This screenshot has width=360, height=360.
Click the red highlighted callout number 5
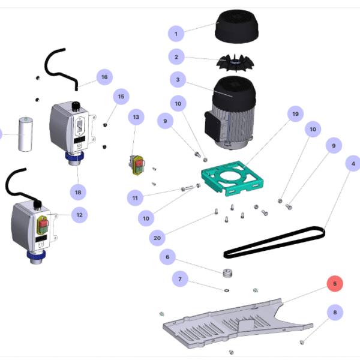click(x=335, y=284)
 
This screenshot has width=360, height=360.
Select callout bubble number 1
click(x=176, y=34)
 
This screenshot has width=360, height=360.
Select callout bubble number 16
click(x=104, y=77)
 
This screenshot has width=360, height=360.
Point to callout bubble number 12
click(x=79, y=214)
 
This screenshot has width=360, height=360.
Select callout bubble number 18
click(x=78, y=192)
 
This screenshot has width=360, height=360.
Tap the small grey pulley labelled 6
click(x=227, y=274)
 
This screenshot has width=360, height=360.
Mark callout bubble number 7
click(x=179, y=279)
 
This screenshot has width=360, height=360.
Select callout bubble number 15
click(x=121, y=96)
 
